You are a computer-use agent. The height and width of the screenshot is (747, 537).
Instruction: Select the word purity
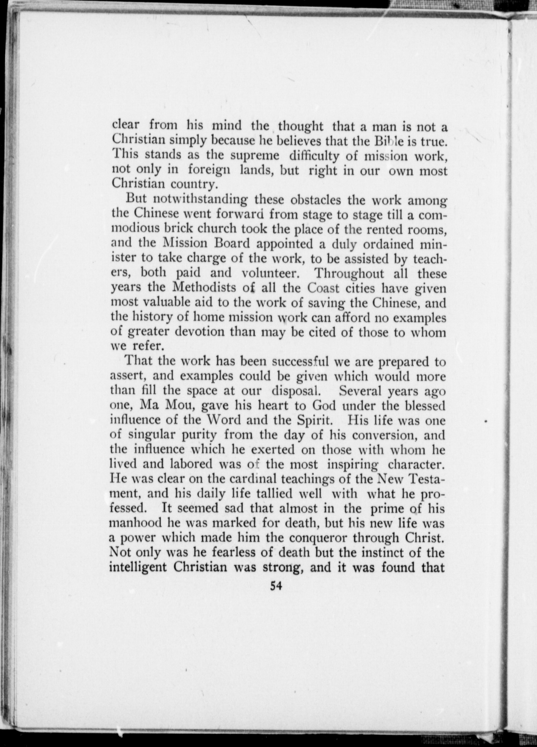point(199,435)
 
